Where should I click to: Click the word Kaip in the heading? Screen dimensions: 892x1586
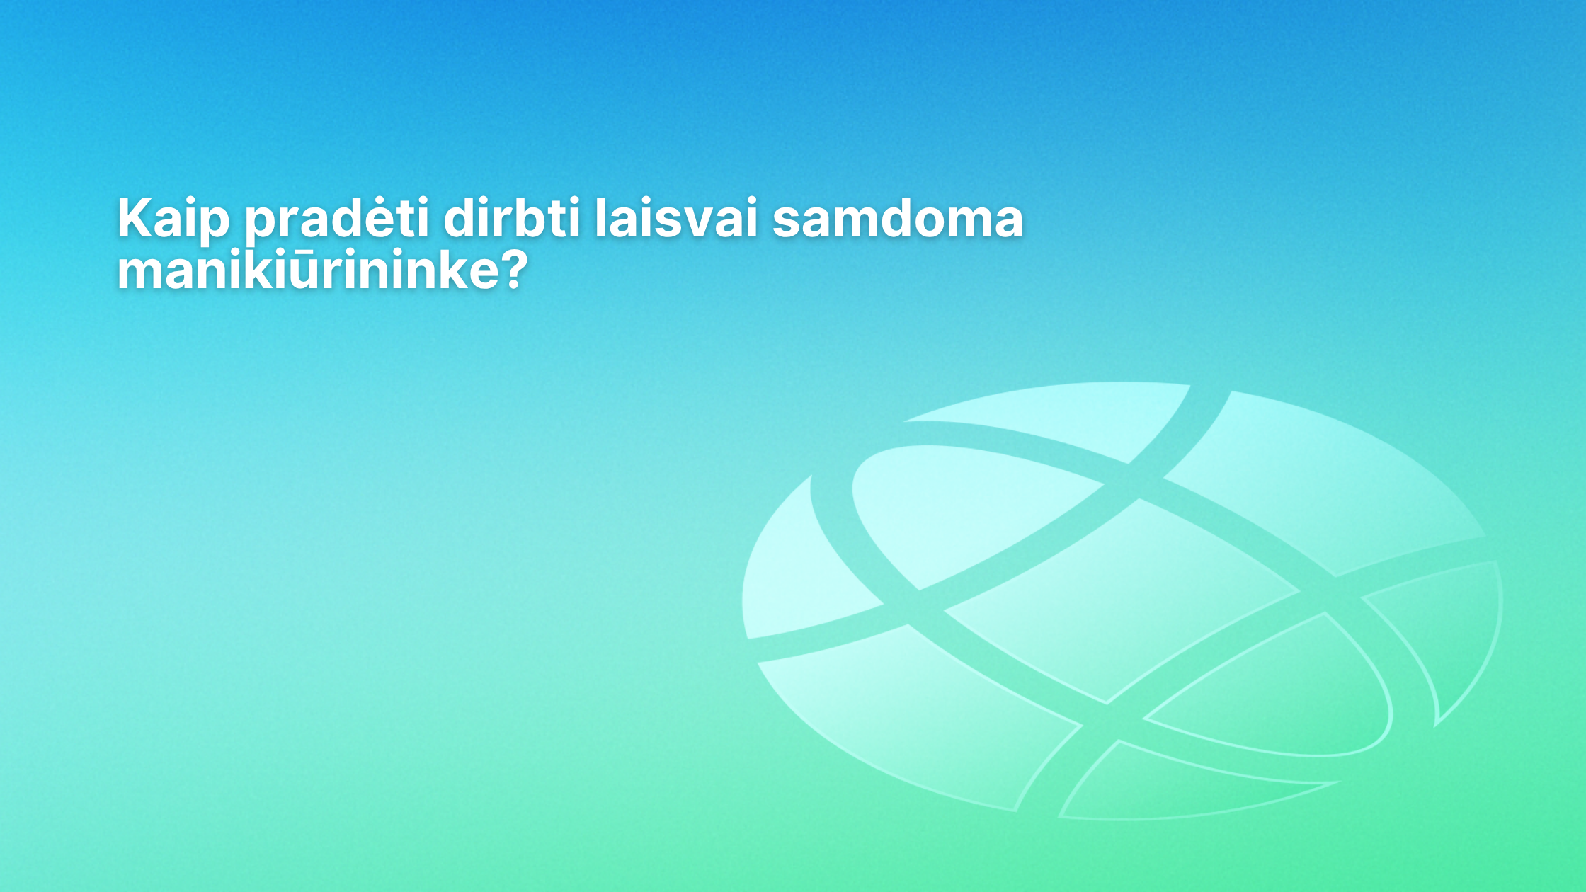[x=173, y=219]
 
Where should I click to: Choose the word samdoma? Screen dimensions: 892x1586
[x=897, y=219]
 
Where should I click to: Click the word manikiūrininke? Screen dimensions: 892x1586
[x=308, y=270]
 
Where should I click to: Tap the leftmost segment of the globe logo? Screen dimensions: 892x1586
[x=800, y=573]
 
